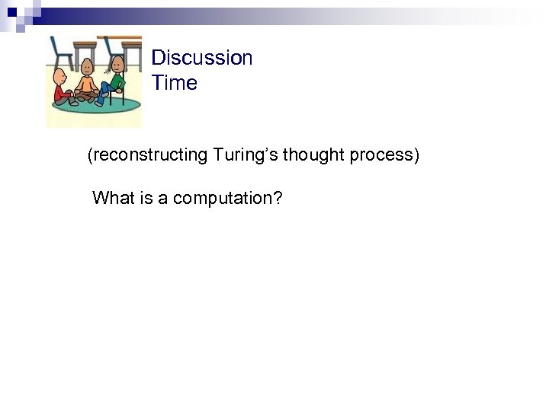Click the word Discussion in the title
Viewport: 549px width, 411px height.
201,58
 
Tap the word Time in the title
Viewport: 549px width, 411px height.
174,83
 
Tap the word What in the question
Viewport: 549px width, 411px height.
114,199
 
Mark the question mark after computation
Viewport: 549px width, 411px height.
278,199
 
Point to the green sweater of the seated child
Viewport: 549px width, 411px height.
117,81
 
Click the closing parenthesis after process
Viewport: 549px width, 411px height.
416,156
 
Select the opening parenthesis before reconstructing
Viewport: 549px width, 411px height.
90,156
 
